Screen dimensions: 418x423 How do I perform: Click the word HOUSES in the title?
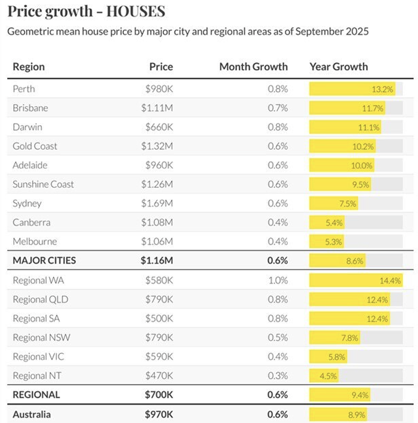point(136,11)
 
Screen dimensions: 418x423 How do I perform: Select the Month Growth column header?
point(253,67)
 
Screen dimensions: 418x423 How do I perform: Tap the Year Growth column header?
point(339,67)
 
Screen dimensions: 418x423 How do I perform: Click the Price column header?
point(161,67)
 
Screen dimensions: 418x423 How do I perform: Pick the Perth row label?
point(24,89)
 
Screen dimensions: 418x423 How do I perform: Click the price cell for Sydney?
point(157,203)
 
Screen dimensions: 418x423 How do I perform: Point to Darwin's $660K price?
point(159,127)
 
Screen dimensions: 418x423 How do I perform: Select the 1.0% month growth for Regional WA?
point(278,280)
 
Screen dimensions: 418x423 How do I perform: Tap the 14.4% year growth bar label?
point(390,281)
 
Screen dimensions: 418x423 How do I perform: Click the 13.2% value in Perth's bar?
point(382,89)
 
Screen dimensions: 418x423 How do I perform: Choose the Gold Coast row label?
point(35,146)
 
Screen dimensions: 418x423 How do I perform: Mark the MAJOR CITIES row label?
point(44,261)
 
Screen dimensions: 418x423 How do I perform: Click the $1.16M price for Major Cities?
point(157,261)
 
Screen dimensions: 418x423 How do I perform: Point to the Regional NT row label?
point(37,375)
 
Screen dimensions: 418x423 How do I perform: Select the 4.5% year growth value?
point(328,376)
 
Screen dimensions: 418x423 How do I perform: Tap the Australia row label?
point(31,414)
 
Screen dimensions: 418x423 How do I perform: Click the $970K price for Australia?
point(159,414)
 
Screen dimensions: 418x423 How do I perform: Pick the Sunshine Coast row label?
point(43,184)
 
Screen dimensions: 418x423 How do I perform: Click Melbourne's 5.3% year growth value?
point(334,242)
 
